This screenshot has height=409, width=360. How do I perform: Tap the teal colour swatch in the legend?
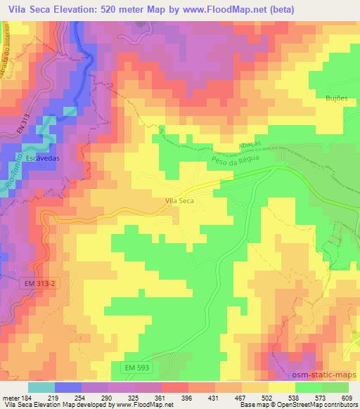tap(41, 387)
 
